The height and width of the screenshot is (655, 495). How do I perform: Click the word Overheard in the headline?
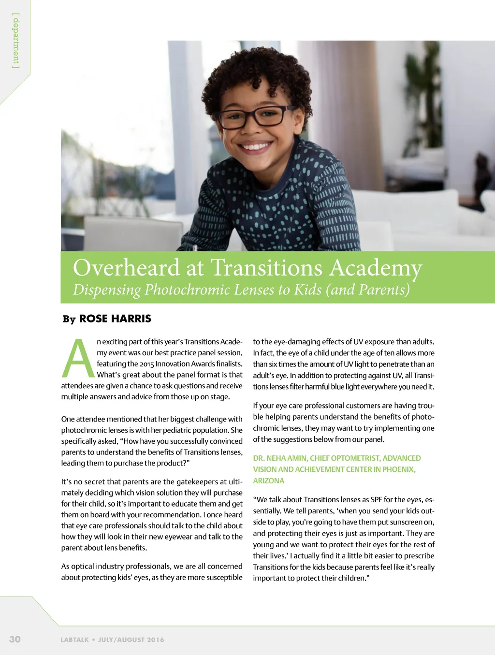tap(126, 268)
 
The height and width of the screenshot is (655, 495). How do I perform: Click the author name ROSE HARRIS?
tap(115, 319)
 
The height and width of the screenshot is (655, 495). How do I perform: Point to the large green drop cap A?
tap(78, 358)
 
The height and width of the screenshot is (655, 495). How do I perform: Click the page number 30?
tap(15, 639)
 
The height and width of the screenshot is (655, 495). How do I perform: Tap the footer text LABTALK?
tap(74, 640)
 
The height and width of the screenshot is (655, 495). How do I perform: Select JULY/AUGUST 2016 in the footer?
tap(131, 640)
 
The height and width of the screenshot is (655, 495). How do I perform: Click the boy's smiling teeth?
tap(255, 146)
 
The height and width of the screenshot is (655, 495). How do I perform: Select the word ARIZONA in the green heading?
tap(268, 480)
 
